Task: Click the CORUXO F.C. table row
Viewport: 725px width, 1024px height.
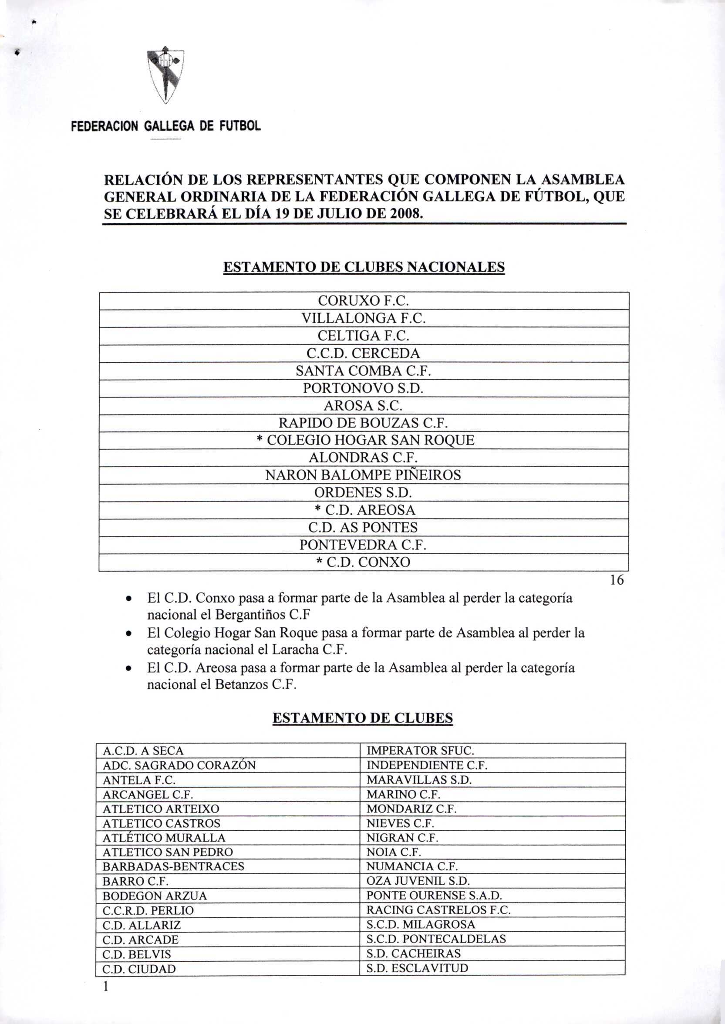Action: pos(364,301)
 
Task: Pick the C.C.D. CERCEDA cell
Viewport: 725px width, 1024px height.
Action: pos(364,354)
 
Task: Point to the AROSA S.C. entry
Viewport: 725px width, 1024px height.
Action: pos(364,406)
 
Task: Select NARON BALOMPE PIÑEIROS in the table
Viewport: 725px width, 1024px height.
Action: pos(364,475)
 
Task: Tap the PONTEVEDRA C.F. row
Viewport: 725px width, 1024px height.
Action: pos(364,545)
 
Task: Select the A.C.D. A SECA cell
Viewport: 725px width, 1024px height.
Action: pos(143,751)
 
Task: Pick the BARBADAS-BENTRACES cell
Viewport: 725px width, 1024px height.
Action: pos(174,866)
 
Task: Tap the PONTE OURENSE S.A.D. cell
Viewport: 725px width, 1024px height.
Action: pos(434,896)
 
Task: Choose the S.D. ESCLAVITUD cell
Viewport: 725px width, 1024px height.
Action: pos(417,968)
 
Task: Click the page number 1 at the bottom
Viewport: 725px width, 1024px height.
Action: pos(106,986)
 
